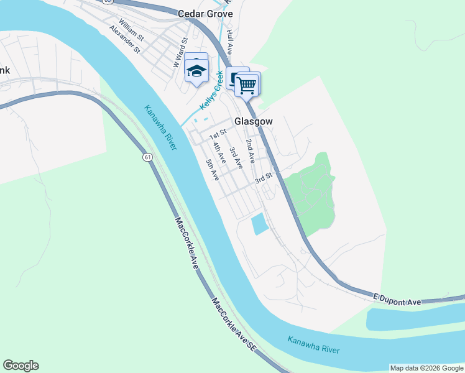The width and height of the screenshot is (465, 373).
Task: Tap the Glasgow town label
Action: [253, 122]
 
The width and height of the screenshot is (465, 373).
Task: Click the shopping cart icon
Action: [247, 85]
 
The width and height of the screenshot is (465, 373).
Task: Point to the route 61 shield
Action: [147, 157]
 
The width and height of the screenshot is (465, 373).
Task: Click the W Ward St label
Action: [181, 52]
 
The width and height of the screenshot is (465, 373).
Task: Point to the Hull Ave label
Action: [229, 41]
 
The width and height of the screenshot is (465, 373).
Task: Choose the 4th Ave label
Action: [219, 154]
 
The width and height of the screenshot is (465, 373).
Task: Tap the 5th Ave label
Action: [213, 170]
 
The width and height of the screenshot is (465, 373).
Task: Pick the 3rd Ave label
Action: [235, 158]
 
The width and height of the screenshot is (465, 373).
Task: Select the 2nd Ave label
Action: [250, 151]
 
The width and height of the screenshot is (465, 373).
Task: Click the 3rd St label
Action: [264, 178]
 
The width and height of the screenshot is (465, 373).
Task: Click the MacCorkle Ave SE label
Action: [233, 325]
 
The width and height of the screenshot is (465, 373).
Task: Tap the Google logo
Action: [21, 366]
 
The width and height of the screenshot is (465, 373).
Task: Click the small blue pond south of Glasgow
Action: [259, 224]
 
